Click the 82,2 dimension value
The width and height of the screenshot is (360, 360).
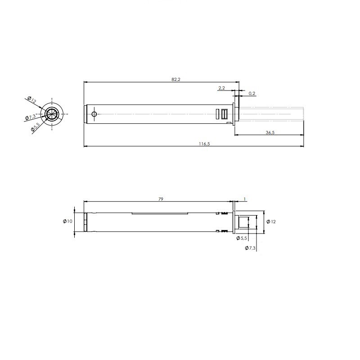[x=176, y=80]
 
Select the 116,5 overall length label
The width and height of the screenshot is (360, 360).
[x=204, y=144]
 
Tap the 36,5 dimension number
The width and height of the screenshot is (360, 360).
[x=270, y=132]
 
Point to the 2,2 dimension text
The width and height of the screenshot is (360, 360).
[x=221, y=88]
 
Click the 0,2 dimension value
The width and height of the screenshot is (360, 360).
[x=252, y=94]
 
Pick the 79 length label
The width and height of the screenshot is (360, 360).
[x=161, y=199]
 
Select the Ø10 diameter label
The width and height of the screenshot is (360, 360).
[x=67, y=221]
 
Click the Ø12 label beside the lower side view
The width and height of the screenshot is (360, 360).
[x=271, y=221]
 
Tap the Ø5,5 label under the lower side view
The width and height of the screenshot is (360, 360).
[x=242, y=238]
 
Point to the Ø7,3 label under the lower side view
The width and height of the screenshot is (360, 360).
[x=250, y=248]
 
